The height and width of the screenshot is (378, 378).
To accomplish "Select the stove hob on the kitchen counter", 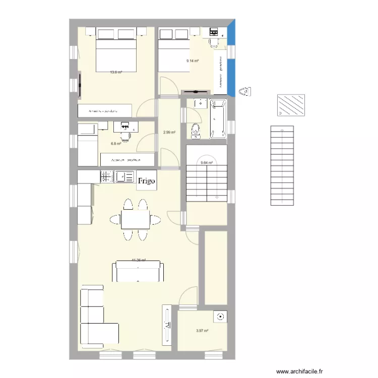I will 106,176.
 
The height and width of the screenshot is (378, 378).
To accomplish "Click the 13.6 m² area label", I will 116,72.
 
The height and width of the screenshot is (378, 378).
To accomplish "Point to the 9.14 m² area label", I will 193,61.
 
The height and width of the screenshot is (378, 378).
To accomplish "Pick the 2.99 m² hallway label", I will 169,133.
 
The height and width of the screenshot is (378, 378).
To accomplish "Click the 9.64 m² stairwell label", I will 207,163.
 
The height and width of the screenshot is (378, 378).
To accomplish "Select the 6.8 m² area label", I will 116,143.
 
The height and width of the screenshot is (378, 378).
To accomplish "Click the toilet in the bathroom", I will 195,131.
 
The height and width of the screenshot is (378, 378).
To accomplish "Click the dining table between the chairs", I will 135,220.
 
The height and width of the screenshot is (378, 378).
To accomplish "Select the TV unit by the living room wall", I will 167,325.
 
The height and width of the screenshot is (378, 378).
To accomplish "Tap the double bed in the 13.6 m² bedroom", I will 116,58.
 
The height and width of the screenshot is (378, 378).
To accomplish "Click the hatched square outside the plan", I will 291,105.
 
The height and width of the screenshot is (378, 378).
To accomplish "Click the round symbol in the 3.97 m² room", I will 220,317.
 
